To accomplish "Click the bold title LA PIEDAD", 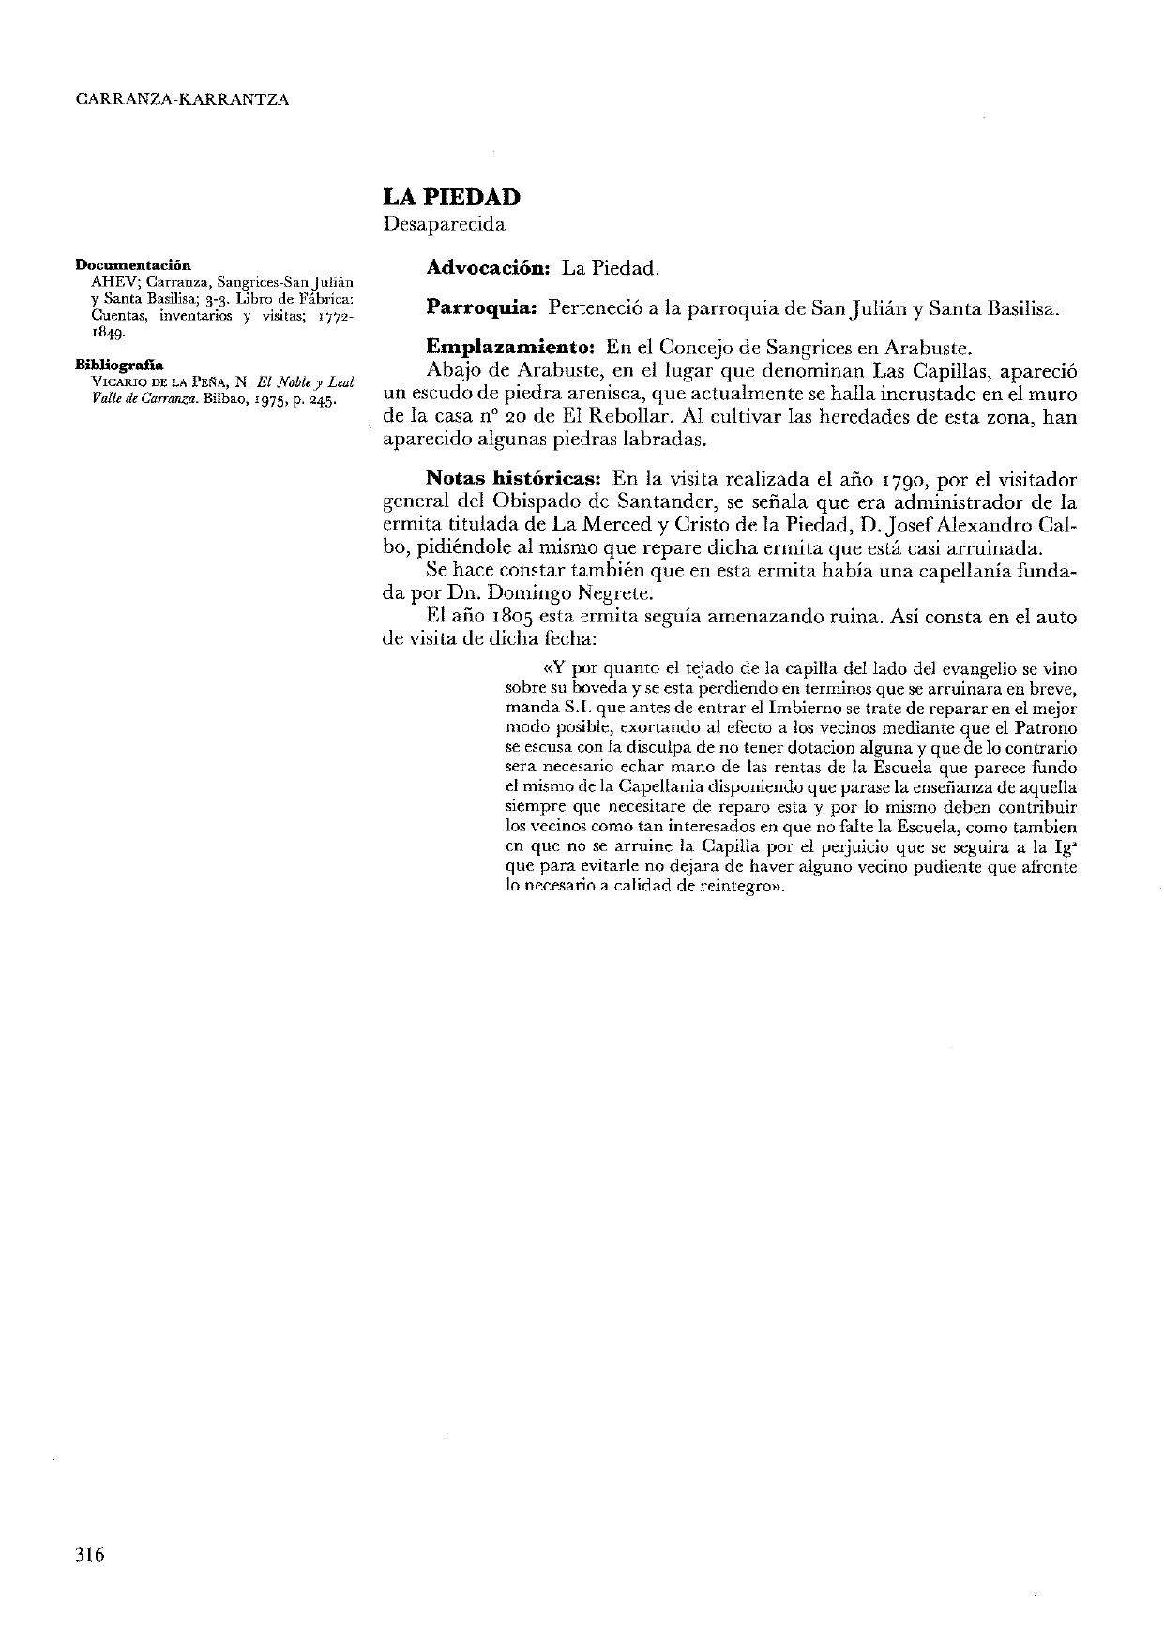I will coord(451,198).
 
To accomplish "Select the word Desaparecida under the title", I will coord(444,225).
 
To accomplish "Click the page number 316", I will coord(90,1554).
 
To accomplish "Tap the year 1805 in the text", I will coord(508,618).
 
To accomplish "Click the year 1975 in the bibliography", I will coord(272,397).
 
